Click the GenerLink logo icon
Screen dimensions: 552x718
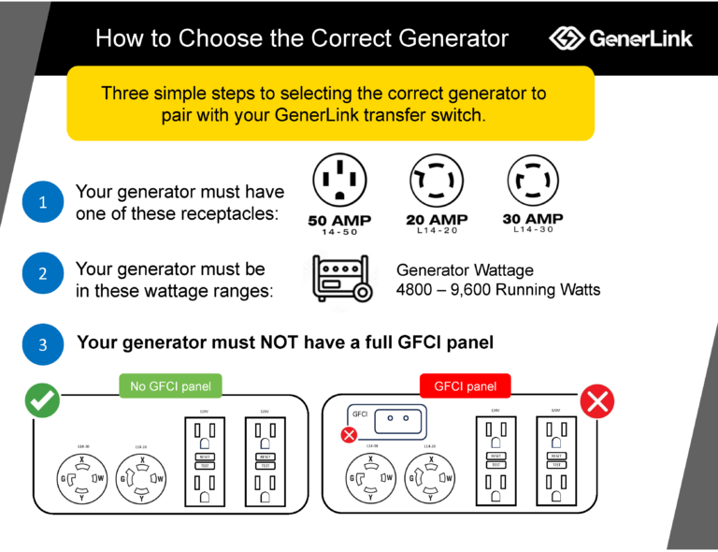[x=567, y=38]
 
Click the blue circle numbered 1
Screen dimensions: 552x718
[x=42, y=202]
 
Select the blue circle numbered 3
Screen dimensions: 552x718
[x=42, y=344]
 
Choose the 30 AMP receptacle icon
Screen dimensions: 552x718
[x=533, y=181]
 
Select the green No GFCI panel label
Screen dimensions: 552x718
[x=165, y=385]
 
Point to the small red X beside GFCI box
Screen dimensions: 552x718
[x=349, y=434]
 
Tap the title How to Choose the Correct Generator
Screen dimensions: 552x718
[x=302, y=38]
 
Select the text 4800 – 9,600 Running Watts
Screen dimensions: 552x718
[x=498, y=289]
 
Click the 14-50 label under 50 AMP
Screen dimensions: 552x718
[x=339, y=232]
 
